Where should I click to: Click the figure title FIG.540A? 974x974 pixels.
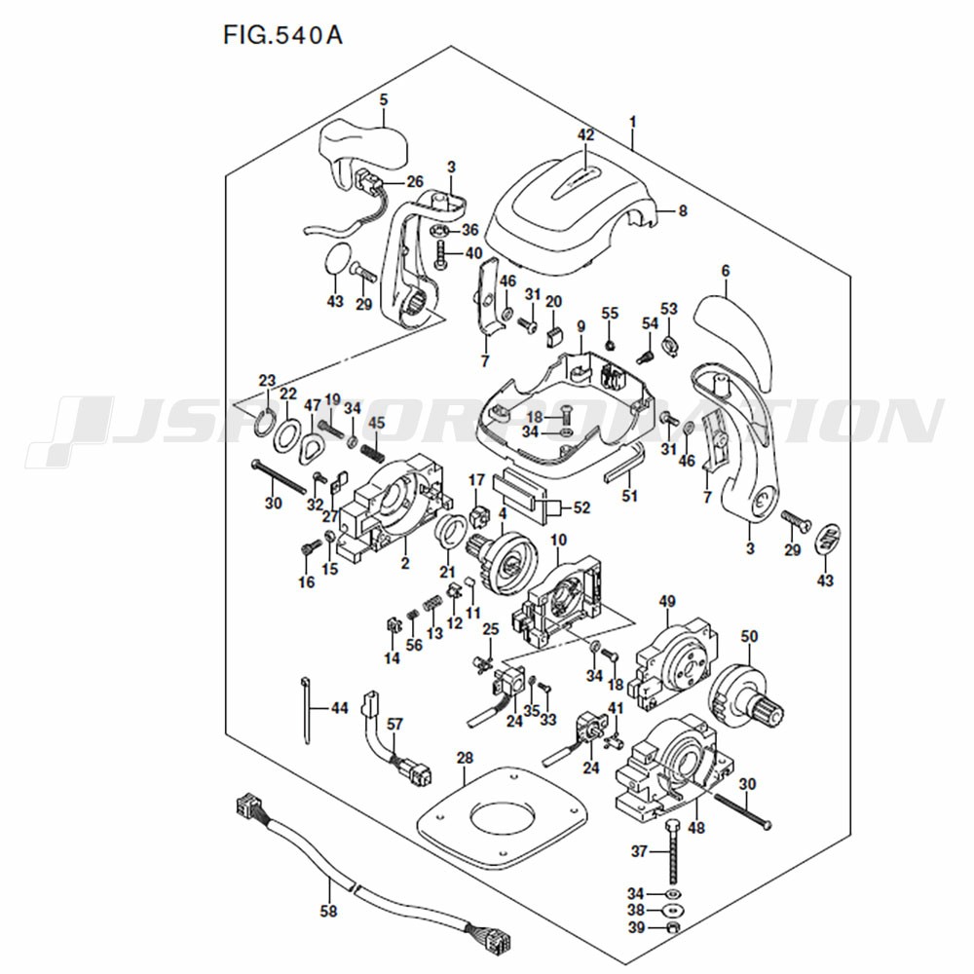click(x=282, y=36)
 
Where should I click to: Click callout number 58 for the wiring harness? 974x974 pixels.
click(x=328, y=913)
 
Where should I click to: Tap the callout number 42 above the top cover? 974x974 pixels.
click(x=585, y=135)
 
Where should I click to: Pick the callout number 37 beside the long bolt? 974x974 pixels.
click(x=639, y=851)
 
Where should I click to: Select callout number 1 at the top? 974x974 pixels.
click(x=632, y=123)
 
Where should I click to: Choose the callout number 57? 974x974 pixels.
click(x=394, y=724)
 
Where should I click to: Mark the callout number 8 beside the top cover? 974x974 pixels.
click(x=683, y=209)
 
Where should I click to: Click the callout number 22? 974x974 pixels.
click(x=287, y=394)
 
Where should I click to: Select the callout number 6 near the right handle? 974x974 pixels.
click(x=725, y=272)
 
